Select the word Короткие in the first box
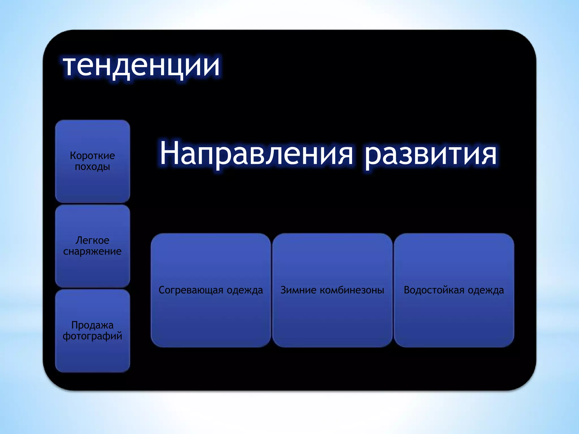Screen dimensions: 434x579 92,155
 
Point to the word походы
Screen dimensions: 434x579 92,167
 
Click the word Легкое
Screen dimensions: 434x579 92,240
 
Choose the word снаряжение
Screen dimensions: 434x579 92,251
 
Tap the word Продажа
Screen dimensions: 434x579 92,325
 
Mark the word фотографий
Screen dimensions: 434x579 92,336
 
